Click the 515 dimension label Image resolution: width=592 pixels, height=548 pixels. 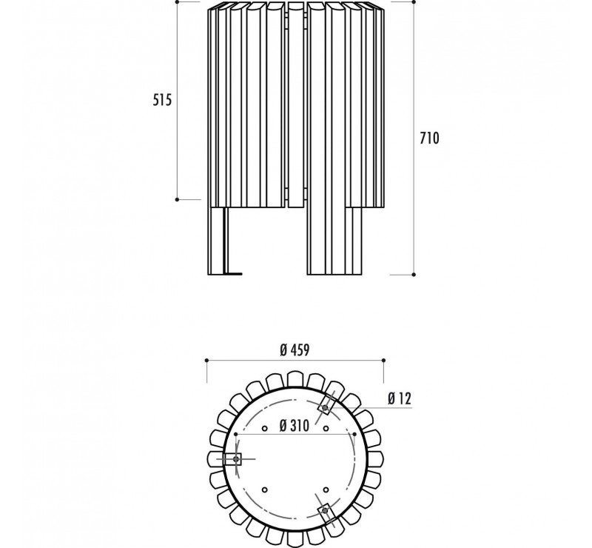pos(162,100)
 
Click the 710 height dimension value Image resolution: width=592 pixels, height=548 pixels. pos(430,138)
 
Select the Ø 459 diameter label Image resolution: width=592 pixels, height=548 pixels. pos(295,350)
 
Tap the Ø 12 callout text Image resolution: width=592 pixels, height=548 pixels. pos(400,398)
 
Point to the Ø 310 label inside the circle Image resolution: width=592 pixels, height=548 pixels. pos(294,426)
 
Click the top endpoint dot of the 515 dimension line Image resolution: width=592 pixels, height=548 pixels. pos(177,1)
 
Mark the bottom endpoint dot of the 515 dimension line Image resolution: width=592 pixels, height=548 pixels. pos(177,199)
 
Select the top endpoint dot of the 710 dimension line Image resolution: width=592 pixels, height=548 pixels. pos(414,2)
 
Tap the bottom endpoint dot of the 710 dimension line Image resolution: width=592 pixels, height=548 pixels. pos(414,275)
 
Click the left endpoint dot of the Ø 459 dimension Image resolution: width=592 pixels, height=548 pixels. pos(206,361)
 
